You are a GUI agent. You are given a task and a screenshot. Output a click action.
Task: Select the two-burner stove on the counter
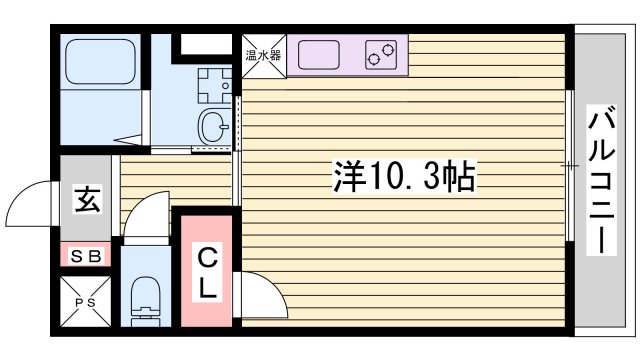(x=380, y=55)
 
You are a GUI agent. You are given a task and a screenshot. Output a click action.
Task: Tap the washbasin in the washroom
(x=211, y=127)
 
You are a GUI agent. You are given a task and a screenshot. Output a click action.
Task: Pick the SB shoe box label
(x=86, y=256)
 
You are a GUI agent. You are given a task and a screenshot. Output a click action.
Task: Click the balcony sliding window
(x=570, y=165)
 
